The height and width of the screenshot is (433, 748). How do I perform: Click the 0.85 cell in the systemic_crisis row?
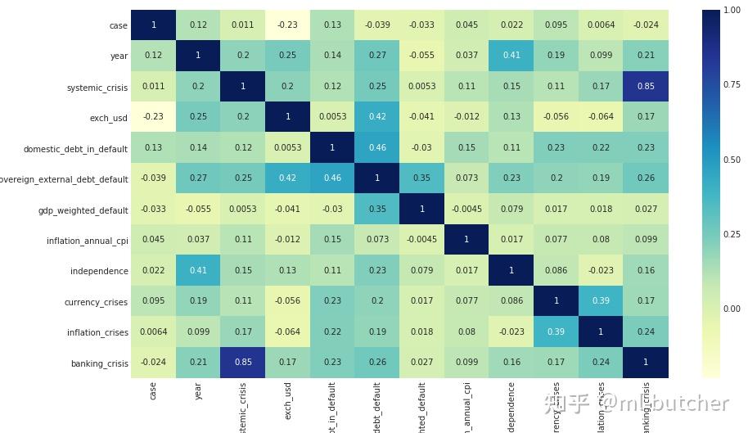[646, 86]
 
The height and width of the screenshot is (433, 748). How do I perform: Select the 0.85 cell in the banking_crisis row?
[242, 363]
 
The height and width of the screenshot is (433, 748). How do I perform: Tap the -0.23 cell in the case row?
[287, 25]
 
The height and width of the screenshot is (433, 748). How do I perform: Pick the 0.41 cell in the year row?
[511, 56]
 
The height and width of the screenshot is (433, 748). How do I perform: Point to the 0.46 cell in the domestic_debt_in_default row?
[376, 147]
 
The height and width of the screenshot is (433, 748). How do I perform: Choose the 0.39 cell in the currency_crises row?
[601, 301]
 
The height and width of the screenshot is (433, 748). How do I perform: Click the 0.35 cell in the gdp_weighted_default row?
[376, 209]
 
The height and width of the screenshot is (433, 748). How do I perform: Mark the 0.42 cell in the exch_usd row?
[376, 117]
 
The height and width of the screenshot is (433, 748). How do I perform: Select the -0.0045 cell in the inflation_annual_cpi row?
[421, 240]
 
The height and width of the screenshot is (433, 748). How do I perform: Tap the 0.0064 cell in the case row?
[601, 25]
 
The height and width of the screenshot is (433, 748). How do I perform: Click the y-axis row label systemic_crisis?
[97, 88]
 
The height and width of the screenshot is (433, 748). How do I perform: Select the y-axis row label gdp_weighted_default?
[83, 210]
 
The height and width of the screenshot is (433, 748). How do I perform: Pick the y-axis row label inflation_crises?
[97, 333]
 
